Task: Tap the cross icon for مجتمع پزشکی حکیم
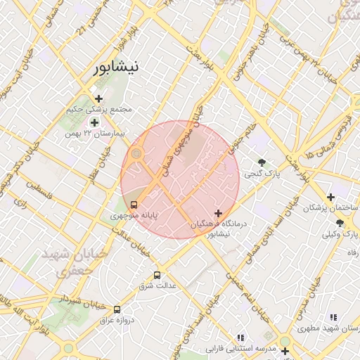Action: [98, 98]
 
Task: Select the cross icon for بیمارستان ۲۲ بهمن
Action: [94, 122]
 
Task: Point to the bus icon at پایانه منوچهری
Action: [134, 205]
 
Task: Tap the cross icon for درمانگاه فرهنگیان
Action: [218, 213]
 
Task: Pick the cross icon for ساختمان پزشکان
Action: [330, 198]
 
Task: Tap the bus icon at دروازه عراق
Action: [117, 309]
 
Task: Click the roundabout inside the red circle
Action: [136, 153]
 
